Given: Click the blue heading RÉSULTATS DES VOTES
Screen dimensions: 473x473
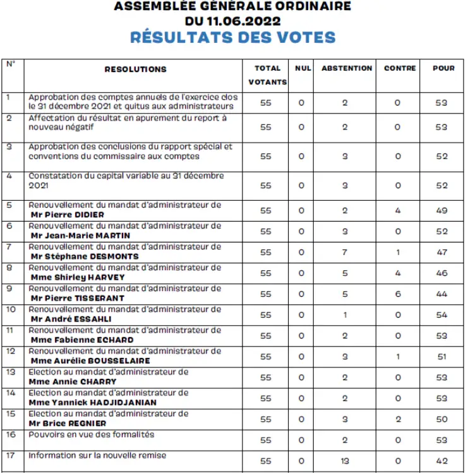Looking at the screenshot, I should point(232,37).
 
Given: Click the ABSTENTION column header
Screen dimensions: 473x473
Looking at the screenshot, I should point(347,68).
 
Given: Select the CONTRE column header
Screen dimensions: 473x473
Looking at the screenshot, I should point(400,68).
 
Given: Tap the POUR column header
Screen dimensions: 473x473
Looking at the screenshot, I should point(443,68).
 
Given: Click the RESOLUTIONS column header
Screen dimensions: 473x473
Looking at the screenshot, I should point(135,69).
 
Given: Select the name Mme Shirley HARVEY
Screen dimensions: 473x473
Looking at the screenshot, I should point(77,277).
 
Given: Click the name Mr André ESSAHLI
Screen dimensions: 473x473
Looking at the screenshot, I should point(71,319).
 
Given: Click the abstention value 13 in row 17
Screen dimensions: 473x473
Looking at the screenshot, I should point(345,461).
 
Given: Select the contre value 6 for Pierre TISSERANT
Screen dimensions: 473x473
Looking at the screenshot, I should point(397,294).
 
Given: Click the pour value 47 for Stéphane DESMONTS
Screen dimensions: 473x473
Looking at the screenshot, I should point(441,253).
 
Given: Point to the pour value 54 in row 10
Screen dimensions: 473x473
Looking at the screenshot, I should point(441,315).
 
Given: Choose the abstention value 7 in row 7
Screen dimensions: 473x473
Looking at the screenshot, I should point(345,253).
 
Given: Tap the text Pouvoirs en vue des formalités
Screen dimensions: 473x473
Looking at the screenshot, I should point(92,434).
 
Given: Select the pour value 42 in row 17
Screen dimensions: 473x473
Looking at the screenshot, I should point(441,461).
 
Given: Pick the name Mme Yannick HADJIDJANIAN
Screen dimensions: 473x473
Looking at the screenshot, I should point(93,402).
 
